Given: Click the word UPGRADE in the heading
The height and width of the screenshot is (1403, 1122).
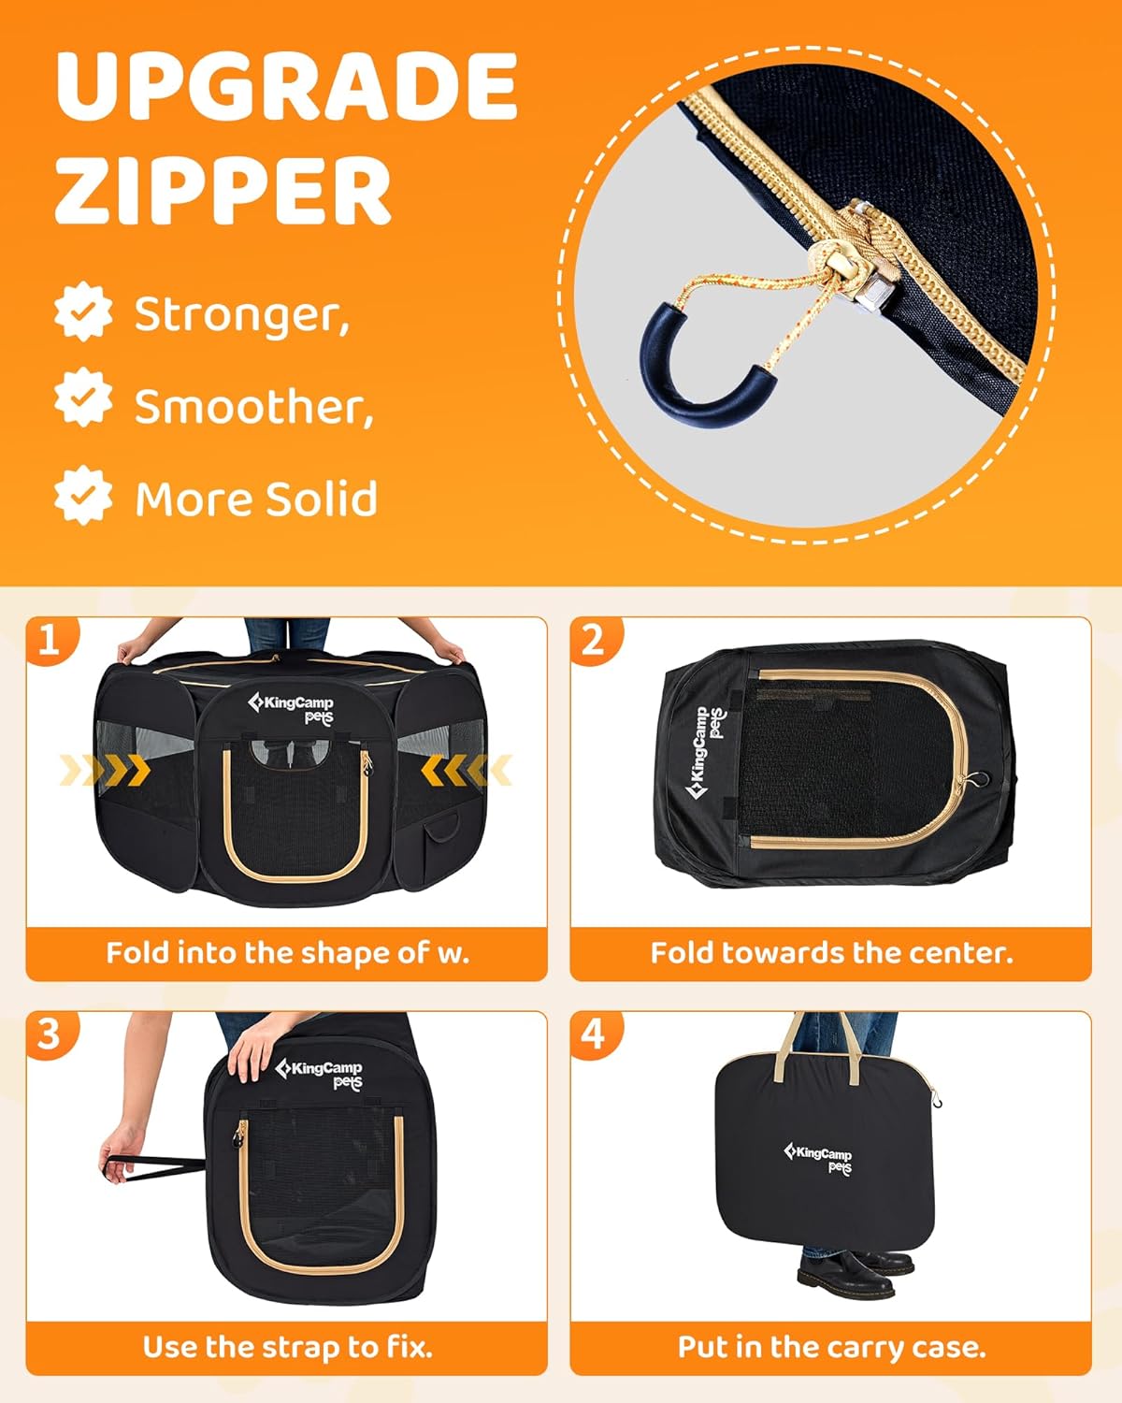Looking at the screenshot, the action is pyautogui.click(x=287, y=86).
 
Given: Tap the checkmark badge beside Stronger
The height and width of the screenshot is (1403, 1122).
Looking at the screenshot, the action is pyautogui.click(x=83, y=312).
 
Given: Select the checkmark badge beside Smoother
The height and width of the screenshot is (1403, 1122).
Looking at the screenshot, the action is pyautogui.click(x=83, y=397).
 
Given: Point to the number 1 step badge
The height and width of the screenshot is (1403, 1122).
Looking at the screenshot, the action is pyautogui.click(x=50, y=640).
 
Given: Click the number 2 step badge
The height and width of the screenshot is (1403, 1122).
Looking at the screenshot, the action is pyautogui.click(x=595, y=640).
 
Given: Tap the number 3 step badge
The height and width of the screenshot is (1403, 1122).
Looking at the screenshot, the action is pyautogui.click(x=50, y=1035).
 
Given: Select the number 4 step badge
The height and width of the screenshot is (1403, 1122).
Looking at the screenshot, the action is pyautogui.click(x=595, y=1035).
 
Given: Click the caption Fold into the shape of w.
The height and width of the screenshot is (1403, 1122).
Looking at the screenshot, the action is pyautogui.click(x=287, y=953).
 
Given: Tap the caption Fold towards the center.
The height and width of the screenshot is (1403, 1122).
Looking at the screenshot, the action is pyautogui.click(x=832, y=953).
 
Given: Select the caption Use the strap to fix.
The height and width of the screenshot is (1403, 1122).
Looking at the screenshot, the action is pyautogui.click(x=287, y=1347).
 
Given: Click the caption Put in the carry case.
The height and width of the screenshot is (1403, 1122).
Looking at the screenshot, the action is pyautogui.click(x=832, y=1347).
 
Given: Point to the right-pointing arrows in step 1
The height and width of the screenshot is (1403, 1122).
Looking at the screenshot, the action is pyautogui.click(x=106, y=770).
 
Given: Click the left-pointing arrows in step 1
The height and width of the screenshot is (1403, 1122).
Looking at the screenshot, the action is pyautogui.click(x=467, y=770).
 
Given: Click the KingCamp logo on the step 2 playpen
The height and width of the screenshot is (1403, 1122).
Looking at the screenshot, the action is pyautogui.click(x=705, y=753).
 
